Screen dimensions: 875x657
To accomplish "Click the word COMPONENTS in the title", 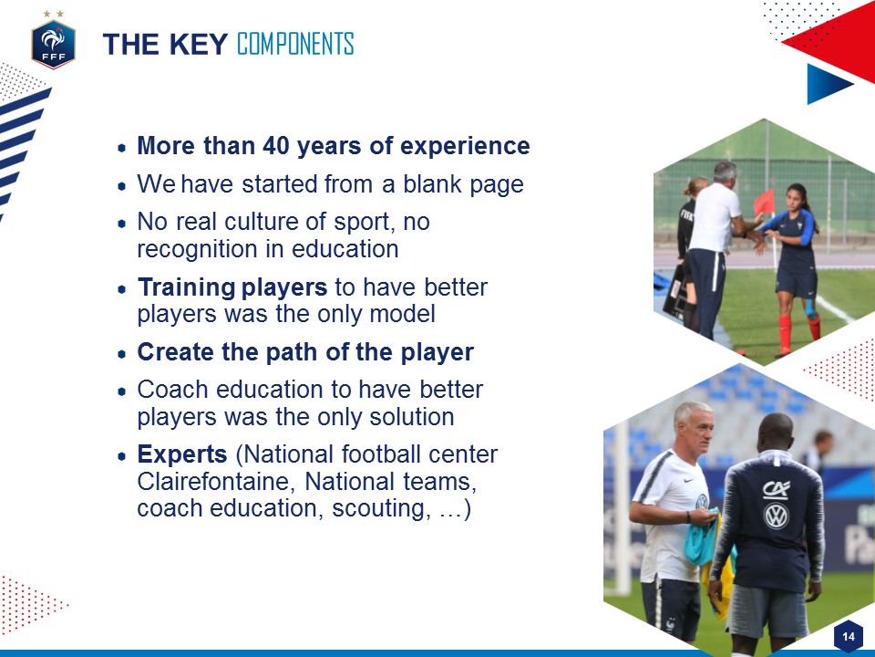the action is (295, 44).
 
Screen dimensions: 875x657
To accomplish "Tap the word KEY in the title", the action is (198, 44).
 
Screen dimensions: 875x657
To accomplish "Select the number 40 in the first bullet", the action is (276, 146).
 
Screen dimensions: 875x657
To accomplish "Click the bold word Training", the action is (186, 287).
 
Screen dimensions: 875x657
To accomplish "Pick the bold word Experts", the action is (182, 454).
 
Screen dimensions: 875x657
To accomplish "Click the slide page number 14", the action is (849, 636).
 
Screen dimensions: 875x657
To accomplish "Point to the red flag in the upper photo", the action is (764, 202).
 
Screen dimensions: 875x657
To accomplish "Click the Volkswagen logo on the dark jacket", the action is (777, 516).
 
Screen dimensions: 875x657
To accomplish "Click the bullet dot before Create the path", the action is (122, 354).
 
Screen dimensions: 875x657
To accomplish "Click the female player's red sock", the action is (785, 334).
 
